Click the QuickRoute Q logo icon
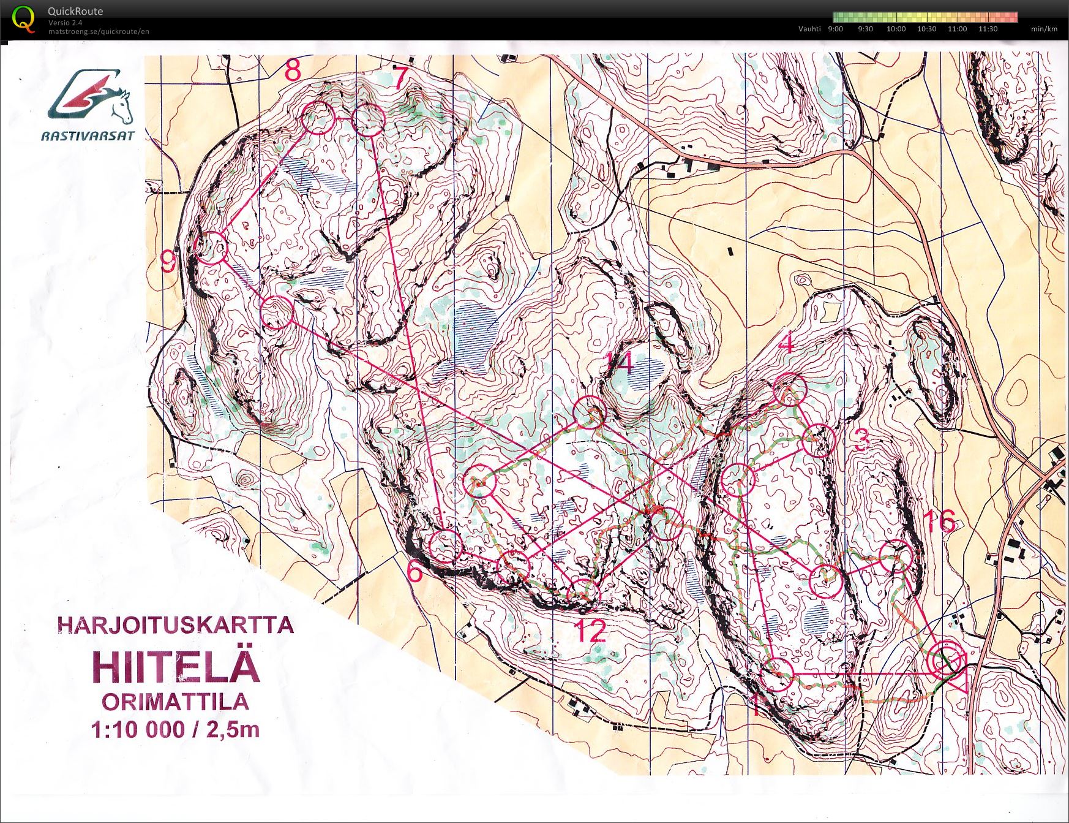[x=23, y=18]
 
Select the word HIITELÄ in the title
[x=176, y=667]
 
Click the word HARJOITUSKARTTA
[x=176, y=625]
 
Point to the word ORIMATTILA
[x=176, y=702]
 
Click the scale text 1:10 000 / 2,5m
[x=176, y=730]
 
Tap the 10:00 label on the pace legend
[x=896, y=29]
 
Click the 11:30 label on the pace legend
[x=988, y=29]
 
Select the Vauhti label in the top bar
[x=809, y=29]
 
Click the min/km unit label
[x=1044, y=29]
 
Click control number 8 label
[x=293, y=70]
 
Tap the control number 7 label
[x=400, y=78]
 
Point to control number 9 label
[x=168, y=262]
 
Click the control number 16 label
[x=939, y=521]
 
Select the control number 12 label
[x=590, y=631]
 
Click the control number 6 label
[x=415, y=572]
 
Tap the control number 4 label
[x=787, y=343]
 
